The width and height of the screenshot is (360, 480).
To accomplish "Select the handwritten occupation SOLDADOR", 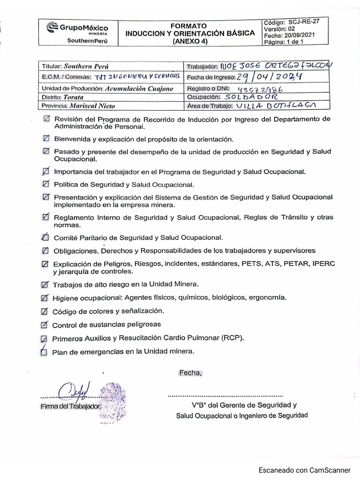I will pos(251,97).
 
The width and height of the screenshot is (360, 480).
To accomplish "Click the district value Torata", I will pos(74,97).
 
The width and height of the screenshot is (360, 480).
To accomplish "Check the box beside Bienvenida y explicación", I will pos(45,139).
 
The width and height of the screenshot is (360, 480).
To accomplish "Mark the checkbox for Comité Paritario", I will pos(45,237).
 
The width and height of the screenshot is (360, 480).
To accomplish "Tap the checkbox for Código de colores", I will pos(45,311).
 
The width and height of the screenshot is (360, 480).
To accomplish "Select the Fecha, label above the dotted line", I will pos(189,373).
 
